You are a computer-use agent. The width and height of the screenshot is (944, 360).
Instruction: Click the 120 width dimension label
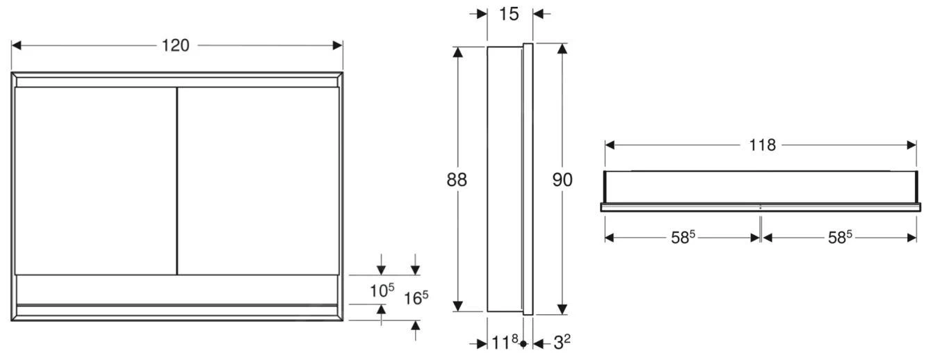click(176, 45)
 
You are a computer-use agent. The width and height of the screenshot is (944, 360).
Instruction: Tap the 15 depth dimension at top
click(509, 13)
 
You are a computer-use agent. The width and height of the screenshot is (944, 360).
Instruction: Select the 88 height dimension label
click(457, 179)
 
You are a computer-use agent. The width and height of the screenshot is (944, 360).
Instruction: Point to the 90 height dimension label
click(562, 179)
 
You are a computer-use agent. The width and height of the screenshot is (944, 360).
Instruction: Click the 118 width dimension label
click(763, 145)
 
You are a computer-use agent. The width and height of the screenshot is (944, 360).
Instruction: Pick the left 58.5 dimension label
click(683, 237)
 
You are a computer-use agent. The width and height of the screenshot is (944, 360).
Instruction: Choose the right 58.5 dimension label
click(840, 237)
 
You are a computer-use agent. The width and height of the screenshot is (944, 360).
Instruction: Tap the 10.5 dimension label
click(382, 290)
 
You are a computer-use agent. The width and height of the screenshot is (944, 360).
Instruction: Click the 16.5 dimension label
click(416, 297)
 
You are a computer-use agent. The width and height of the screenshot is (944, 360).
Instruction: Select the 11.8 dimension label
click(505, 342)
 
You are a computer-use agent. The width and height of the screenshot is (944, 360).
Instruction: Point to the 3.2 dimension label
click(562, 342)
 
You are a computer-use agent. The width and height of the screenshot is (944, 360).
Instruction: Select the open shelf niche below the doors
click(177, 289)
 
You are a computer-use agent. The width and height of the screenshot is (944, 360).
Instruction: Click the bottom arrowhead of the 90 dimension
click(562, 309)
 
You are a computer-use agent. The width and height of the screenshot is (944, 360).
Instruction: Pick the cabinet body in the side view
click(504, 179)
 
